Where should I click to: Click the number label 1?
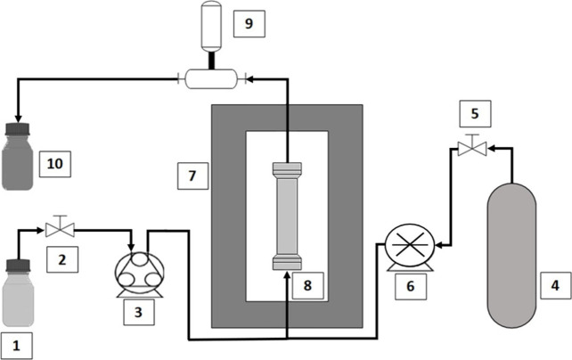(x=16, y=346)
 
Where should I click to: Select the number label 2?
(x=62, y=259)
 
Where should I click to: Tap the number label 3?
(x=139, y=312)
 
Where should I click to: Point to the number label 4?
(x=555, y=285)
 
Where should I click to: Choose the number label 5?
(x=475, y=113)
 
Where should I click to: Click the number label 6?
(x=411, y=286)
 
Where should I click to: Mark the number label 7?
(x=192, y=176)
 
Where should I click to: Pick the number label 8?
(x=308, y=285)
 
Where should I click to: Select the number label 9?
(x=249, y=24)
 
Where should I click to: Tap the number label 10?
(x=55, y=164)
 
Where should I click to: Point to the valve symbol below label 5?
(x=472, y=145)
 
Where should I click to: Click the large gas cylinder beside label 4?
(x=511, y=256)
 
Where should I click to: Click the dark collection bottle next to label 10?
(x=18, y=157)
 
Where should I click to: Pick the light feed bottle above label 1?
(x=18, y=292)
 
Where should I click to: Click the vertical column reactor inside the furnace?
(x=287, y=216)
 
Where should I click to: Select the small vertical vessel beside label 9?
(x=211, y=26)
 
